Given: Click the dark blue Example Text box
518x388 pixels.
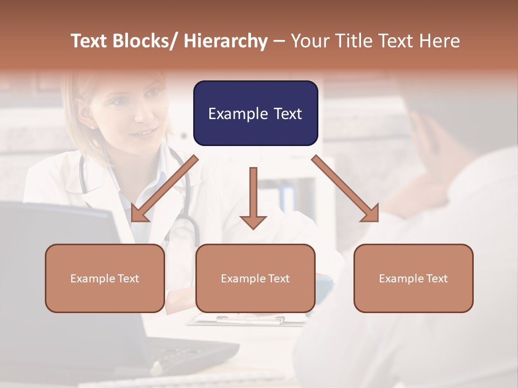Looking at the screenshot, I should click(x=255, y=113).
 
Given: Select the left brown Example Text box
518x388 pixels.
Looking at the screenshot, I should click(x=105, y=278).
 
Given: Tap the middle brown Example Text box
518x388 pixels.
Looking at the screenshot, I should click(x=255, y=278).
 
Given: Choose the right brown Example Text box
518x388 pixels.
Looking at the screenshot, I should click(x=413, y=278).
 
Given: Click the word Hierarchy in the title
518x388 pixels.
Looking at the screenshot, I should click(x=226, y=41).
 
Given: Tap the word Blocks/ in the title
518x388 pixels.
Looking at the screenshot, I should click(x=144, y=41).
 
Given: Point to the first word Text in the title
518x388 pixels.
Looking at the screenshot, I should click(x=90, y=41).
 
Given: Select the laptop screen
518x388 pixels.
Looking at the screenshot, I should click(x=59, y=269).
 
